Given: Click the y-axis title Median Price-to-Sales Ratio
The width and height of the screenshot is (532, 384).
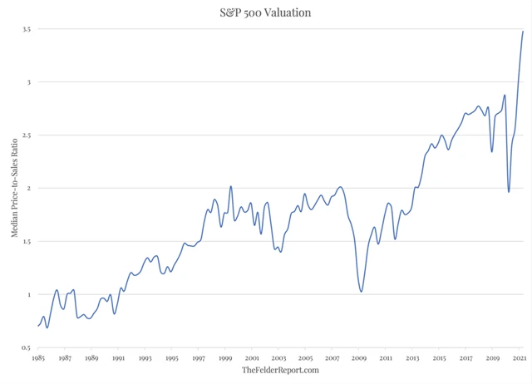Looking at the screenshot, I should (x=15, y=187).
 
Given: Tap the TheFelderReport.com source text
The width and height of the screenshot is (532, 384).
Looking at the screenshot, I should (x=280, y=370).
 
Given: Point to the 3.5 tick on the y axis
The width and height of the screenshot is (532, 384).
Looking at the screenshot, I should (x=27, y=29).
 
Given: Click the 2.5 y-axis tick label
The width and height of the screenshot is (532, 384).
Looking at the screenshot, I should (x=27, y=135).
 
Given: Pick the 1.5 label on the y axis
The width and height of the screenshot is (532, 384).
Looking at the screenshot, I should (x=27, y=242).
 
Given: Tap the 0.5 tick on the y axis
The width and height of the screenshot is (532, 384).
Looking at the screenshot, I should (x=27, y=347).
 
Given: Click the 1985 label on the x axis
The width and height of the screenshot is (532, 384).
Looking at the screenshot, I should (x=38, y=357).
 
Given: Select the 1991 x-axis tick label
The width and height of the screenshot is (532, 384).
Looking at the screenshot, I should (x=118, y=357).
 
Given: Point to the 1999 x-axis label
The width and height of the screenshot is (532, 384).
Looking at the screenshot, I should (x=225, y=357).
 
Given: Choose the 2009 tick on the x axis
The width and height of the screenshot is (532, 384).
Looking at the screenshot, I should (x=359, y=357).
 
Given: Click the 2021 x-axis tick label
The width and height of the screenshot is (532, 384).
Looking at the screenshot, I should (x=520, y=357).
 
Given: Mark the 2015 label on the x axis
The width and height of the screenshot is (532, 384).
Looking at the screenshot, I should (x=439, y=357).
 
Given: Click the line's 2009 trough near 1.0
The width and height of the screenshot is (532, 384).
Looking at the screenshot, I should (x=361, y=291).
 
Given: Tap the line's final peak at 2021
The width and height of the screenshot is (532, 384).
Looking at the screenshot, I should (x=523, y=32).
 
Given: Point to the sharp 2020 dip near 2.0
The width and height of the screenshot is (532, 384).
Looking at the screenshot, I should (x=509, y=192).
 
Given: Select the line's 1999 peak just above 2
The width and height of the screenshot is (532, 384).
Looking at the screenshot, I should (x=230, y=186).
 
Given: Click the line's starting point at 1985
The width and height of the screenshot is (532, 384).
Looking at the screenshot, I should (x=38, y=326).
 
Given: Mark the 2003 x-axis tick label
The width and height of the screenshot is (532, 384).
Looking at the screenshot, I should (x=278, y=357).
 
